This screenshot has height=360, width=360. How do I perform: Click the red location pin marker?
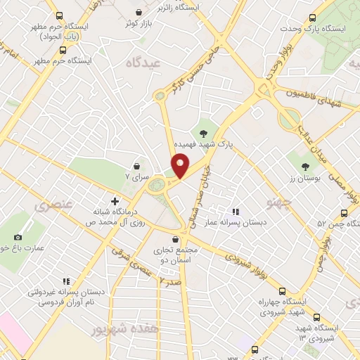181,166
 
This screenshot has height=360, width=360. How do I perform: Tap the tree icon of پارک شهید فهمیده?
203,133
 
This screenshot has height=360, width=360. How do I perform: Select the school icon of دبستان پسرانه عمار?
236,211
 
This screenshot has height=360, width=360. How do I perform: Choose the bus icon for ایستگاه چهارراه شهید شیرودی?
283,291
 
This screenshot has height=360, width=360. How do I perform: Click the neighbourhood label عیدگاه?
142,63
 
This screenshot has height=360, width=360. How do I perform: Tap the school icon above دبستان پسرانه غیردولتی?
65,281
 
